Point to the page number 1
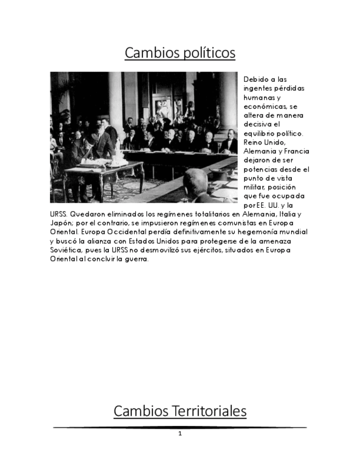click(x=180, y=434)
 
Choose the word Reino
click(x=253, y=142)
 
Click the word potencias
click(x=261, y=169)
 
